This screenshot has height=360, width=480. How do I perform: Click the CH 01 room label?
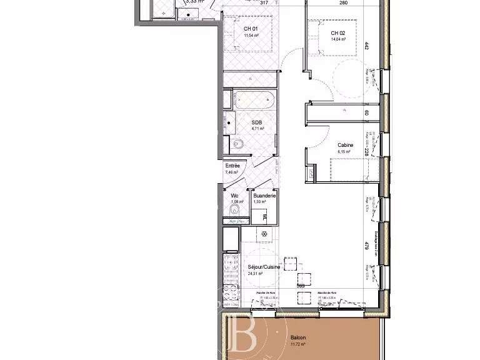coord(251,28)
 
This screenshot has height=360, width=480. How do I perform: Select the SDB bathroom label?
coord(256,122)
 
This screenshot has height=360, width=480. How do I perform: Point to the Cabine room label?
coord(345,145)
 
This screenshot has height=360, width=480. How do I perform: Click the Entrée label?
coord(232,166)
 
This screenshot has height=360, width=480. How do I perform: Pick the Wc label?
coord(234,196)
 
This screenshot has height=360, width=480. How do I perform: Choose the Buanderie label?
coord(261,196)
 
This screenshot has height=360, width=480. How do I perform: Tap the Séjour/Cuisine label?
coord(264,266)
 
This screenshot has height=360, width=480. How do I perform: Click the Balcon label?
coord(298,338)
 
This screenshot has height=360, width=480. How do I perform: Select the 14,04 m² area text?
coord(338,40)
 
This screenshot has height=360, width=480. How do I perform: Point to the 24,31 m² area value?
coord(256,273)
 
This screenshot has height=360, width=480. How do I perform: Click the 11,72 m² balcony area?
coord(298,344)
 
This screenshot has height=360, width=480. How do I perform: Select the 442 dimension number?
coord(367,45)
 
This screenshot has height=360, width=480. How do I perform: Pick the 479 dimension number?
coord(367,246)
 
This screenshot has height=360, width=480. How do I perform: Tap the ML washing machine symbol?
coord(264,216)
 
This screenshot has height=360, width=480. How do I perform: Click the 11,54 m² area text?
coord(251,36)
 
